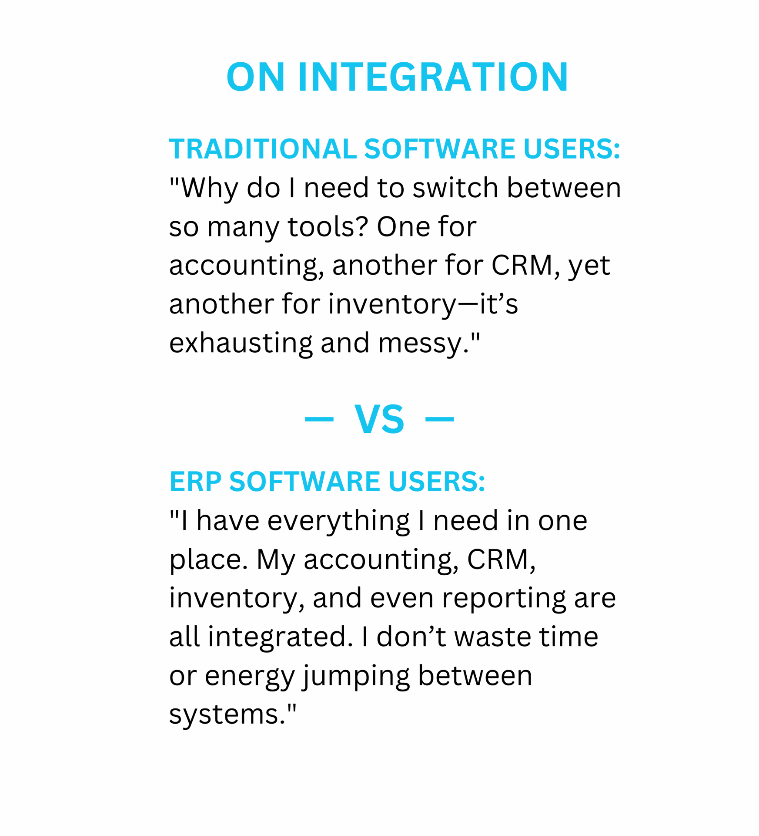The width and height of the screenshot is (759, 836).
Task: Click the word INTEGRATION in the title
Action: [x=433, y=77]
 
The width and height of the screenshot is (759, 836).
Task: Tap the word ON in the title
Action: [x=256, y=77]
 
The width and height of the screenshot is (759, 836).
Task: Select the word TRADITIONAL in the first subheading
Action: [x=263, y=149]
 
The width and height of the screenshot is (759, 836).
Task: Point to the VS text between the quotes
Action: [x=379, y=419]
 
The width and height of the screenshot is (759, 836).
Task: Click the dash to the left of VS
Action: [x=319, y=419]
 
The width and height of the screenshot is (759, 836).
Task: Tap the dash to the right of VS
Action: [x=439, y=419]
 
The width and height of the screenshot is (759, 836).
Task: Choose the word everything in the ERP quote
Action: [x=338, y=522]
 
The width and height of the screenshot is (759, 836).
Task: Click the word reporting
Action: [x=504, y=599]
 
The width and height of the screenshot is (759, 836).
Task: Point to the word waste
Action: [x=493, y=637]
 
